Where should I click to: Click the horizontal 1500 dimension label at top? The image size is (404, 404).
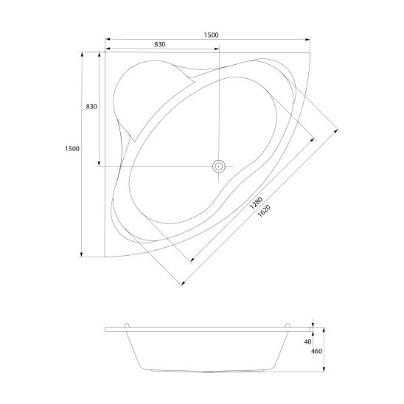211,35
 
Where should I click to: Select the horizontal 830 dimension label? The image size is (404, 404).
160,44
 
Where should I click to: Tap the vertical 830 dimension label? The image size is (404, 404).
91,106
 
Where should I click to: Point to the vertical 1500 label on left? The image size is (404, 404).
72,149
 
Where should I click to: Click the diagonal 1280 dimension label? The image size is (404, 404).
256,203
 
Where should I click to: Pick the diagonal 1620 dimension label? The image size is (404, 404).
264,211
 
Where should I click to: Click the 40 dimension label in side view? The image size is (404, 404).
307,341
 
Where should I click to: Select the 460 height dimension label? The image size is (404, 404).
317,351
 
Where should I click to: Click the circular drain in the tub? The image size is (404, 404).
218,166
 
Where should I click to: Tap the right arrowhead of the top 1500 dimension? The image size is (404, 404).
307,39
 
